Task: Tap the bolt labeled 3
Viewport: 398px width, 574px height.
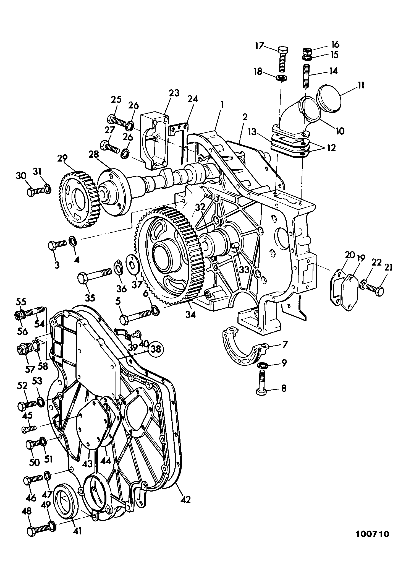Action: click(57, 244)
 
